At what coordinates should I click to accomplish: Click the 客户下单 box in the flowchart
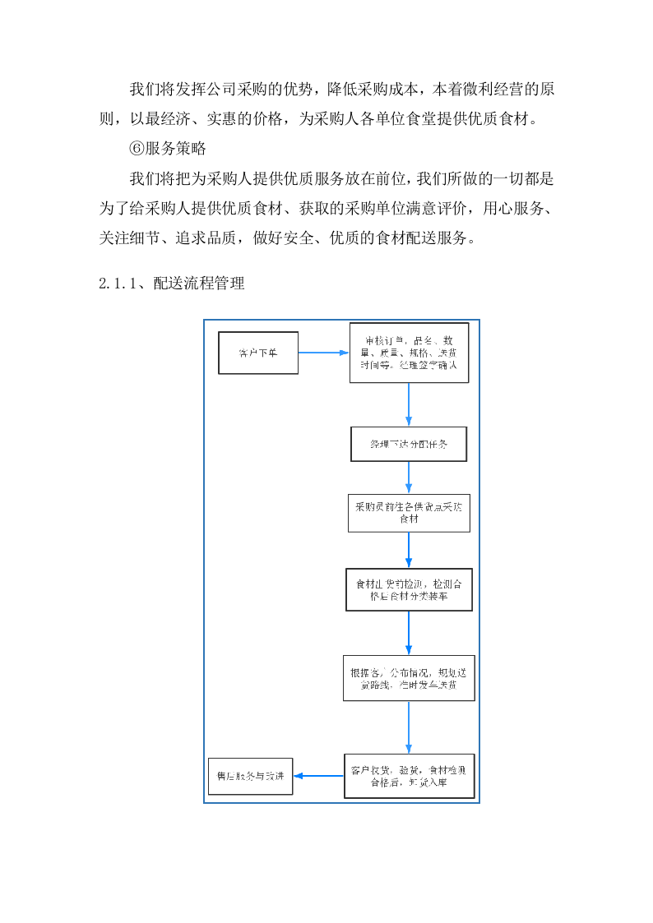[258, 353]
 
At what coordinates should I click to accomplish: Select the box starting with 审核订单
[409, 353]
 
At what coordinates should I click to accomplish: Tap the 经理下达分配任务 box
[409, 444]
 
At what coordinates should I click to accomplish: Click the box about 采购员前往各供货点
[409, 513]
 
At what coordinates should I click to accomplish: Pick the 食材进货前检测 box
[409, 589]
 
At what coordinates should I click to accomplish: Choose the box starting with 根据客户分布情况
[409, 677]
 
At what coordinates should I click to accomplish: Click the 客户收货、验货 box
[409, 776]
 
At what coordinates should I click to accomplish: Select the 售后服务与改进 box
[251, 776]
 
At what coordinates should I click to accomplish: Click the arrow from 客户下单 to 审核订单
[323, 353]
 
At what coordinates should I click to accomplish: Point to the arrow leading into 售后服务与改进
[319, 776]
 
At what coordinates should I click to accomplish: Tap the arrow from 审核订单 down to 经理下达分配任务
[409, 404]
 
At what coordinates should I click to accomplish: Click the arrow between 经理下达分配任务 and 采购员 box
[409, 477]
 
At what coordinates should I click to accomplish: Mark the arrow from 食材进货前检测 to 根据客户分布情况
[409, 632]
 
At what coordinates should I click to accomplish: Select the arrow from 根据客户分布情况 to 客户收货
[409, 727]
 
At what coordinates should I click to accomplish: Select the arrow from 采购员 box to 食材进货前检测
[409, 550]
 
